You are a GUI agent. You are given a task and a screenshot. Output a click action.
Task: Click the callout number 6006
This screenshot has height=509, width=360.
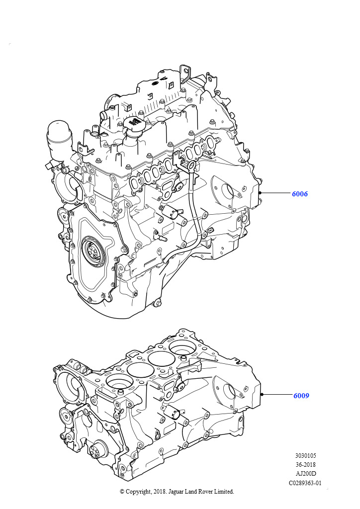click(300, 194)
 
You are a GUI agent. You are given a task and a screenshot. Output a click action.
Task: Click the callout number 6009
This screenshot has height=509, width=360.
click(301, 395)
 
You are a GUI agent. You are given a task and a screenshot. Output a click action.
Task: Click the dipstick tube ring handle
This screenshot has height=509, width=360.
click(191, 166)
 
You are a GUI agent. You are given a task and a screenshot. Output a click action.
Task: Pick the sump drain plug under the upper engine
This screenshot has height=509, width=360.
click(158, 303)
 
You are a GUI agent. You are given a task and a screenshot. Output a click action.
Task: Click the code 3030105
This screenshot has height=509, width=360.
click(305, 456)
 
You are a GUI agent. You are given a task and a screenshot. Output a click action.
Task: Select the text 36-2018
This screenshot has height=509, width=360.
click(305, 465)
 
